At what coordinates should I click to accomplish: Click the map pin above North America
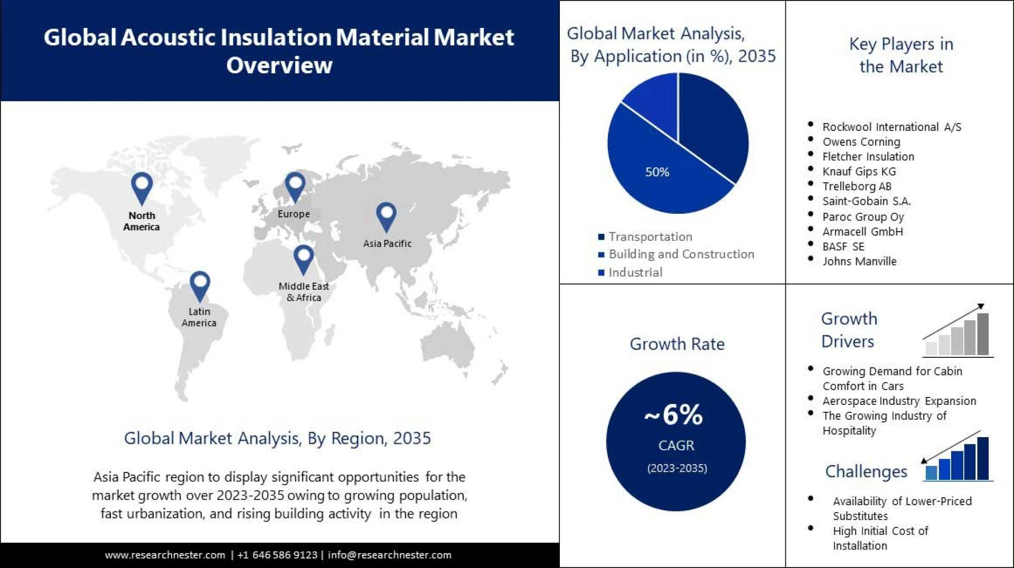(x=142, y=187)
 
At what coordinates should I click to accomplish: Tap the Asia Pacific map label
(x=387, y=243)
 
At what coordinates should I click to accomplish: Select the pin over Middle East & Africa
(x=303, y=259)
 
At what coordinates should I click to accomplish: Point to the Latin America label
(x=199, y=317)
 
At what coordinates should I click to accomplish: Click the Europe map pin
(x=295, y=186)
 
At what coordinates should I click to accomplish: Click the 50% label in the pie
(x=657, y=172)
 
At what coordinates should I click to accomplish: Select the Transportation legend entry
(x=650, y=237)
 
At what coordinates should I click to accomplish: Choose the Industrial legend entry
(x=635, y=272)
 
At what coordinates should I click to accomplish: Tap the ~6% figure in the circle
(x=674, y=414)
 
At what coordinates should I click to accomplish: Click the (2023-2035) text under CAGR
(x=677, y=468)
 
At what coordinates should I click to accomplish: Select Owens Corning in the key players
(x=861, y=142)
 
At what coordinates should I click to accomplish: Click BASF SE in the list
(x=843, y=247)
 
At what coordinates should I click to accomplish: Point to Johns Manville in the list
(x=859, y=261)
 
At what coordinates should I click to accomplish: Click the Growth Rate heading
(x=677, y=344)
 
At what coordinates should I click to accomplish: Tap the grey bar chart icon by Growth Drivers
(x=957, y=333)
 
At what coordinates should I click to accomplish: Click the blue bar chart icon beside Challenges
(x=957, y=457)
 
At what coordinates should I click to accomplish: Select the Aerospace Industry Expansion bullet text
(x=899, y=401)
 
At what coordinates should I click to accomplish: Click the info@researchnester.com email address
(x=389, y=555)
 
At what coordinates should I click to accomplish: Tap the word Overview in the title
(x=279, y=65)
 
